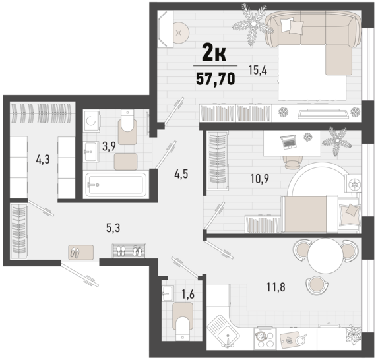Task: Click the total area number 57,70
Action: pos(216,79)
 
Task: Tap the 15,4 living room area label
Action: pos(258,71)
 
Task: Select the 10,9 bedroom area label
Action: pos(259,179)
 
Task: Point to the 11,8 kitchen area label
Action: pos(276,287)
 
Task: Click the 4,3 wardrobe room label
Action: pos(43,159)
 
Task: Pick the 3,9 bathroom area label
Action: pos(109,146)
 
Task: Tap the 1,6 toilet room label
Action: pos(188,295)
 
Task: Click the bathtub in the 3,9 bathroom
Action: pos(116,185)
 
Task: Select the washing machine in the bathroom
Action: pos(92,121)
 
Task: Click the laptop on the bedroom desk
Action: pos(288,141)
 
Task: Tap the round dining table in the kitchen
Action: pos(326,256)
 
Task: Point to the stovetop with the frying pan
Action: pos(265,338)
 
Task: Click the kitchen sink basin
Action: pos(223,331)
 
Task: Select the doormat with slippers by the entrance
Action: pos(81,253)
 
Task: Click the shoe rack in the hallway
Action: pos(129,251)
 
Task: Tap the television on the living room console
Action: pos(323,114)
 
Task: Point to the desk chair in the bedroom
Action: pos(292,162)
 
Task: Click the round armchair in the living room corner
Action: pos(180,32)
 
